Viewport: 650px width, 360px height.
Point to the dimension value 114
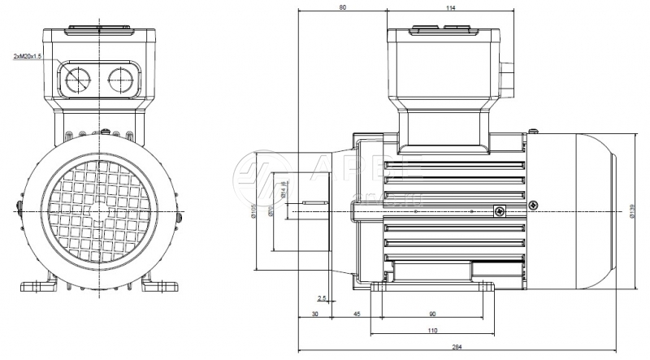450,7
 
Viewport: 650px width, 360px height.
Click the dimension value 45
356,314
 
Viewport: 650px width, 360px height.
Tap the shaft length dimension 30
314,314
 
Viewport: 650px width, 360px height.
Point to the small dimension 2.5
322,298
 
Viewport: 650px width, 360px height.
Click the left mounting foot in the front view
37,285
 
